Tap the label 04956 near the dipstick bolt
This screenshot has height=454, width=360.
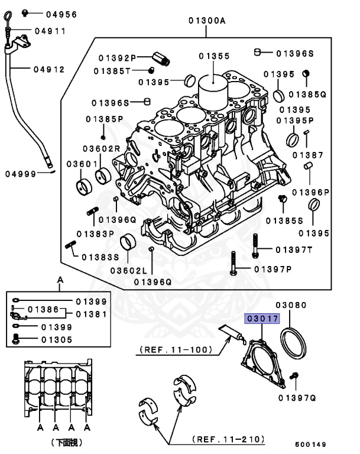click(61, 13)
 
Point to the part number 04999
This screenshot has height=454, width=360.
click(21, 174)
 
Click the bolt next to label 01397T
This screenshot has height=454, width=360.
click(254, 246)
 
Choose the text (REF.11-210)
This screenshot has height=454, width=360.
click(228, 440)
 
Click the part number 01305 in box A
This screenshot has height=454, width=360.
click(57, 339)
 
